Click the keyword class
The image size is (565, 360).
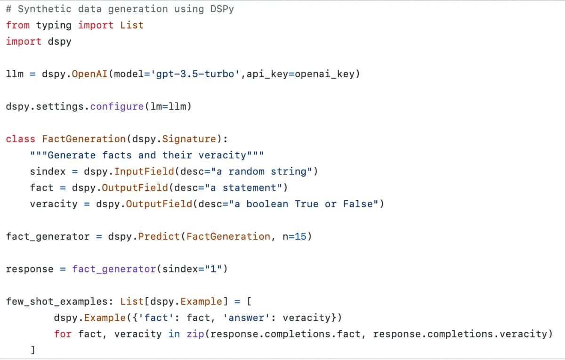pyautogui.click(x=20, y=139)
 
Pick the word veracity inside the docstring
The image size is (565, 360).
pyautogui.click(x=222, y=155)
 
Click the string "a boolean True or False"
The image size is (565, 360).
pyautogui.click(x=306, y=204)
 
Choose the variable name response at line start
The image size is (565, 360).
pyautogui.click(x=30, y=269)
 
